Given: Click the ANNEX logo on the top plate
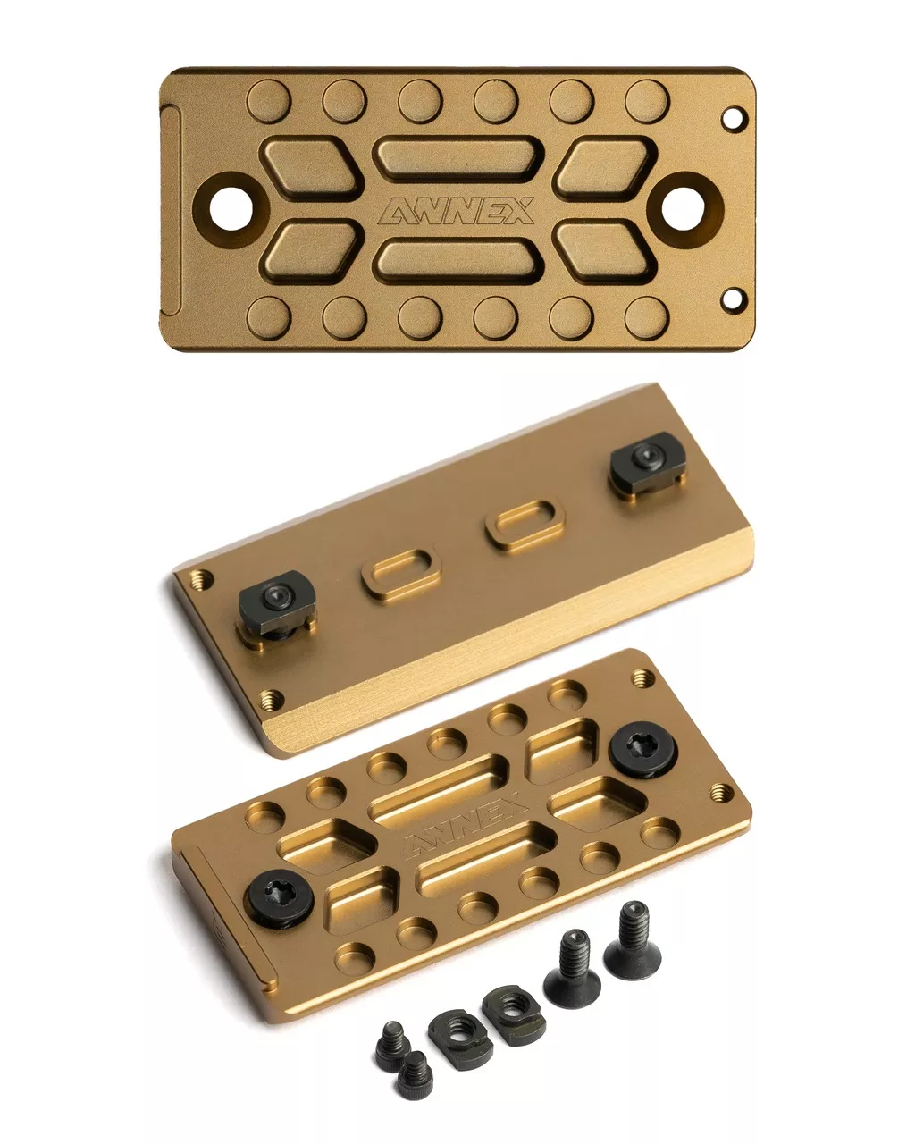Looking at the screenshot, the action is (x=457, y=211).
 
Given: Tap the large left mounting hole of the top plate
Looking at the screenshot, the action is (x=231, y=209).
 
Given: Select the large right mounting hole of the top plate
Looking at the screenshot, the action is (x=684, y=209).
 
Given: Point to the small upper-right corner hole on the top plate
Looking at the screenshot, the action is (x=734, y=118).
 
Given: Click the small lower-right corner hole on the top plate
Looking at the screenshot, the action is (x=734, y=299).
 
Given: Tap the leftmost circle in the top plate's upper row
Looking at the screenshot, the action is (x=269, y=100).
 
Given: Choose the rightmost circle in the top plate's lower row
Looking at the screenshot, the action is (x=647, y=318).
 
